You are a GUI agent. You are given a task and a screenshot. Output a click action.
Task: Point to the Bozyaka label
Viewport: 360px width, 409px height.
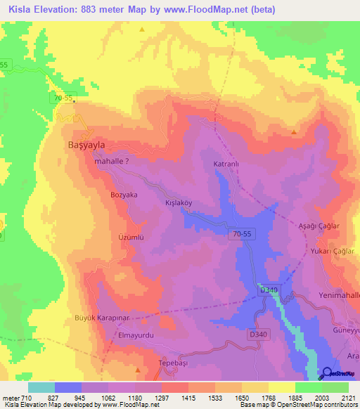[124, 194]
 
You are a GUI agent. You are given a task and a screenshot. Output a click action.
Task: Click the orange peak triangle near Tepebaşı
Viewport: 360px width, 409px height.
[138, 368]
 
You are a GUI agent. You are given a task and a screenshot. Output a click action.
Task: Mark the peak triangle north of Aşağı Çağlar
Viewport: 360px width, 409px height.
[294, 131]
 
